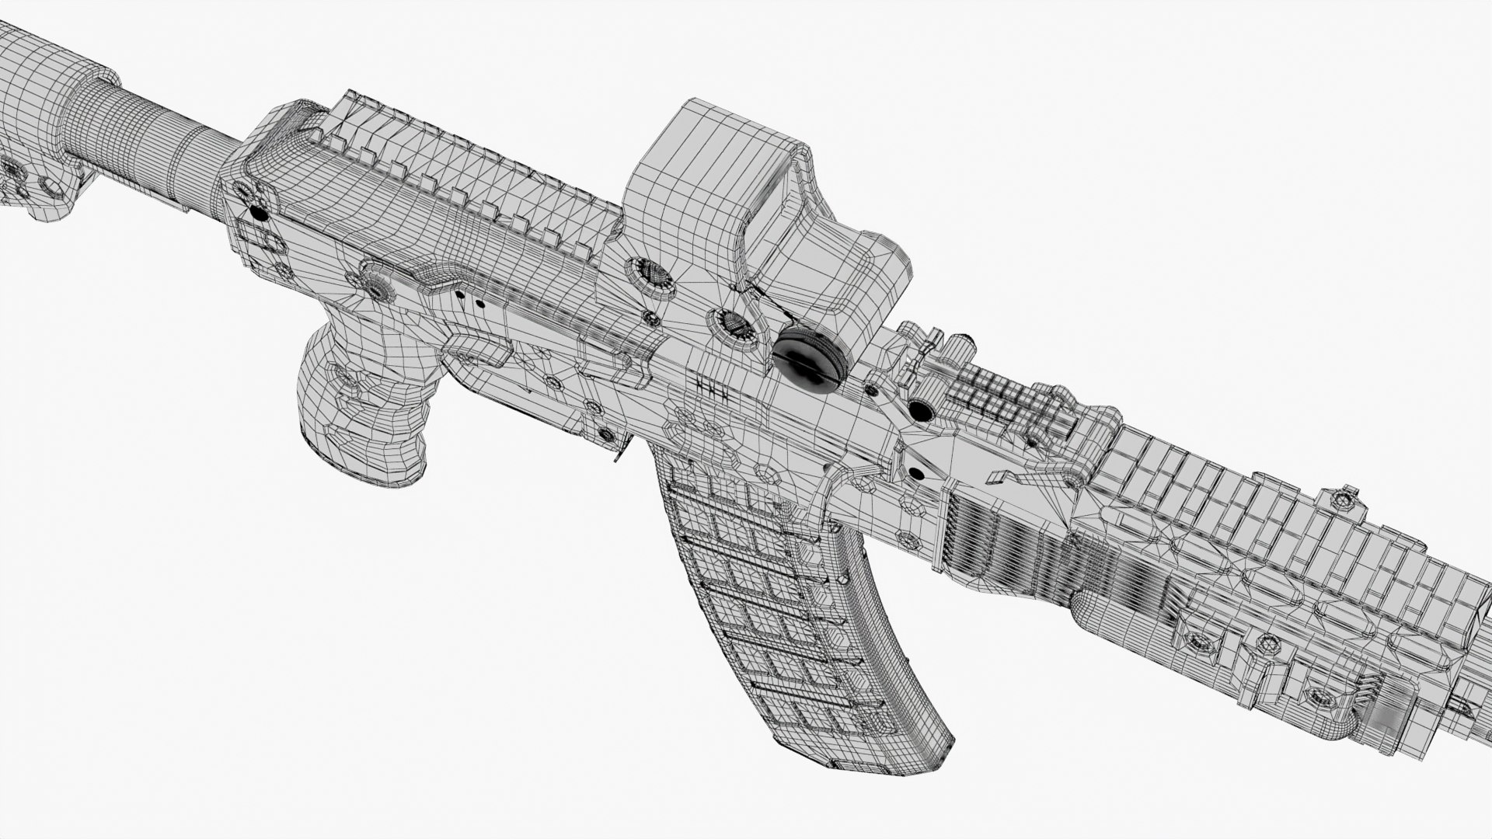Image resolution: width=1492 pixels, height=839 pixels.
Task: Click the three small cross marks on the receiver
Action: click(713, 388)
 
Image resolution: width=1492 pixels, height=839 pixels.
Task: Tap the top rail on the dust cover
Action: click(466, 179)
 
